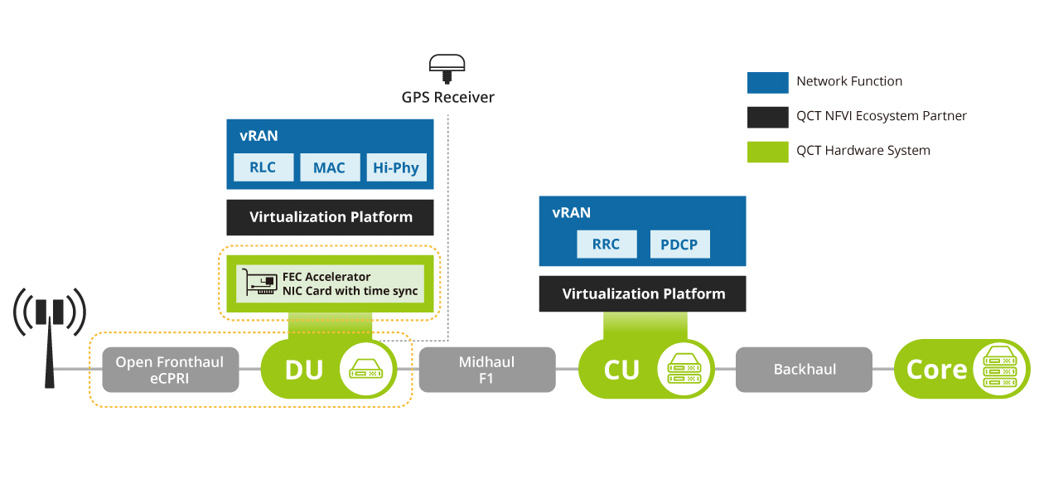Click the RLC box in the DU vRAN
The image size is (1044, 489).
click(x=263, y=167)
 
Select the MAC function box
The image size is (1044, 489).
click(x=329, y=167)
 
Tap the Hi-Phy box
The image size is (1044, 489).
click(x=396, y=167)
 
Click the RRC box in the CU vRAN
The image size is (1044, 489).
click(x=607, y=244)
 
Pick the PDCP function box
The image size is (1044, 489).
click(x=679, y=244)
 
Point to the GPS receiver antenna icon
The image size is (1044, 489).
click(x=447, y=67)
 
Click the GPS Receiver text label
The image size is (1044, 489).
click(x=448, y=97)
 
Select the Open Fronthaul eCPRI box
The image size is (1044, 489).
click(x=170, y=370)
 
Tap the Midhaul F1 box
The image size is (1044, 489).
click(x=486, y=370)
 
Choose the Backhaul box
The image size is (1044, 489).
click(x=804, y=370)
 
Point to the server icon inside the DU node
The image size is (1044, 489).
click(x=368, y=370)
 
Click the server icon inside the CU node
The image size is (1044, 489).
click(x=684, y=370)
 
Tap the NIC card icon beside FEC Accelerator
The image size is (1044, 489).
click(x=258, y=283)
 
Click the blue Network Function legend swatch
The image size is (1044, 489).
click(x=767, y=82)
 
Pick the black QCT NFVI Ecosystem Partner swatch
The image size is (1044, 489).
click(x=767, y=117)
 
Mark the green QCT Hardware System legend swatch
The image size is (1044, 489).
click(x=767, y=152)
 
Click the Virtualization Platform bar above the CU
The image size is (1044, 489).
click(x=643, y=294)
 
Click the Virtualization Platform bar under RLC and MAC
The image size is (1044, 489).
click(x=331, y=217)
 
